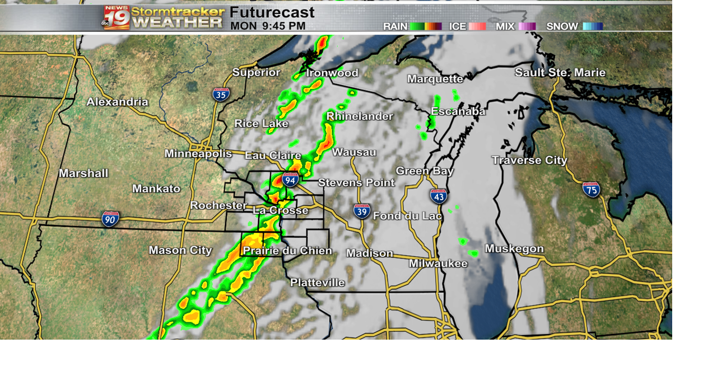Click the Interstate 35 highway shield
pyautogui.click(x=221, y=94)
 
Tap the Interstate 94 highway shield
pyautogui.click(x=290, y=180)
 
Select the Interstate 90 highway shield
pyautogui.click(x=110, y=219)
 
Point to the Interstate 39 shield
pyautogui.click(x=362, y=211)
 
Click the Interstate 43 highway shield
pyautogui.click(x=439, y=196)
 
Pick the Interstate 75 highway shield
pyautogui.click(x=591, y=190)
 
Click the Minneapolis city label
pyautogui.click(x=198, y=154)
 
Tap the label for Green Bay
pyautogui.click(x=425, y=171)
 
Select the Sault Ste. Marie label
pyautogui.click(x=560, y=73)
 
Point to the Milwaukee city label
pyautogui.click(x=438, y=264)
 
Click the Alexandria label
pyautogui.click(x=117, y=102)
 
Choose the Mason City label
pyautogui.click(x=180, y=250)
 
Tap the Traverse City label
pyautogui.click(x=529, y=161)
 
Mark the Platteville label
pyautogui.click(x=317, y=283)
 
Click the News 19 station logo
pyautogui.click(x=116, y=17)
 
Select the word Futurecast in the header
pyautogui.click(x=272, y=12)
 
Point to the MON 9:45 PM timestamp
pyautogui.click(x=268, y=26)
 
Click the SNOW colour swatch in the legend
pyautogui.click(x=593, y=26)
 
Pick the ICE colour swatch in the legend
pyautogui.click(x=477, y=26)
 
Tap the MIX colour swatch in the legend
pyautogui.click(x=527, y=26)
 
